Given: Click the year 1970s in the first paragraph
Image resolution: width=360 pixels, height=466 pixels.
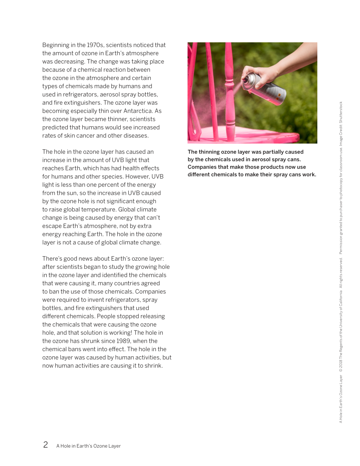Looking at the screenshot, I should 95,45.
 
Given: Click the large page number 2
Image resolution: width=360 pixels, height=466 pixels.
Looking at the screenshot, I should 46,445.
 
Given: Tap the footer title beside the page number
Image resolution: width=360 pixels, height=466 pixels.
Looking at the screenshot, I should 88,446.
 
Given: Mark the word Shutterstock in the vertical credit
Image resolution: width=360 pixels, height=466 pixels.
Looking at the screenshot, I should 341,112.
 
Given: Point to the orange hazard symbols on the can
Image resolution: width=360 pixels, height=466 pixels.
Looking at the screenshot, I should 279,96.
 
